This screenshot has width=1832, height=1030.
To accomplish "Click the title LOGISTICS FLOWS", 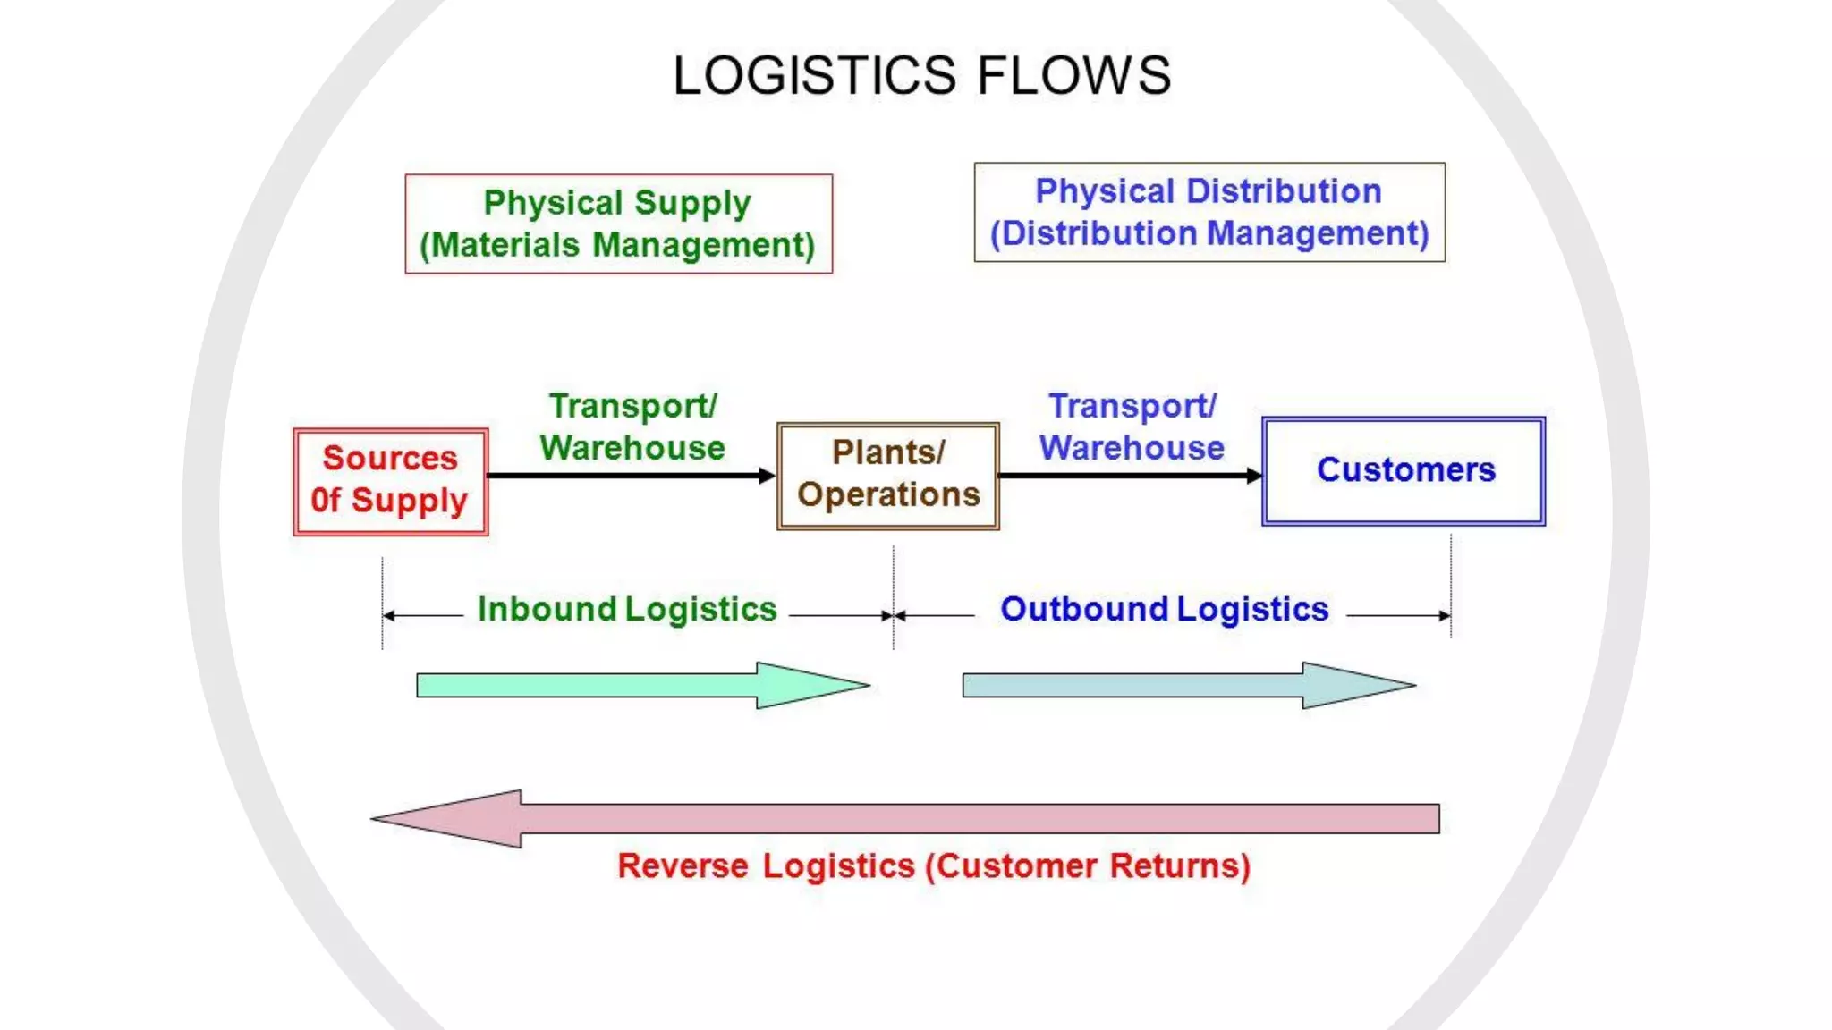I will (921, 75).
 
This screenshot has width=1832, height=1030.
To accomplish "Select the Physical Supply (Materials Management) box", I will (618, 224).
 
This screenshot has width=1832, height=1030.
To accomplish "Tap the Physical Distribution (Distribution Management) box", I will (1209, 212).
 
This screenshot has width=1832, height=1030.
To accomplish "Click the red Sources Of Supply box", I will (391, 481).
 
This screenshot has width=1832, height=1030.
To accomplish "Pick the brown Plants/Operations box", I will (887, 476).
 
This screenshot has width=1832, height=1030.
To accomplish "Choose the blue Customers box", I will (1404, 470).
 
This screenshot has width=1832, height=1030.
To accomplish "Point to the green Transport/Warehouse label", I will (632, 426).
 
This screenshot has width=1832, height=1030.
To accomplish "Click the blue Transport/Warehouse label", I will (1132, 426).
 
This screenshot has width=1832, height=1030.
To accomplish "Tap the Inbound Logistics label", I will (626, 609).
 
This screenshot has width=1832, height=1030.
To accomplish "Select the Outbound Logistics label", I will (1164, 609).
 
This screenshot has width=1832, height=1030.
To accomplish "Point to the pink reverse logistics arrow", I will (903, 818).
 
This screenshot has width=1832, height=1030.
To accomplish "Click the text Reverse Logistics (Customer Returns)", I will (933, 865).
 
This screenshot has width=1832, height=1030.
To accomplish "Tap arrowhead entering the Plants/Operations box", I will (767, 476).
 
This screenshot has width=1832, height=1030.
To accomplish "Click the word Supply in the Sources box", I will (409, 501).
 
